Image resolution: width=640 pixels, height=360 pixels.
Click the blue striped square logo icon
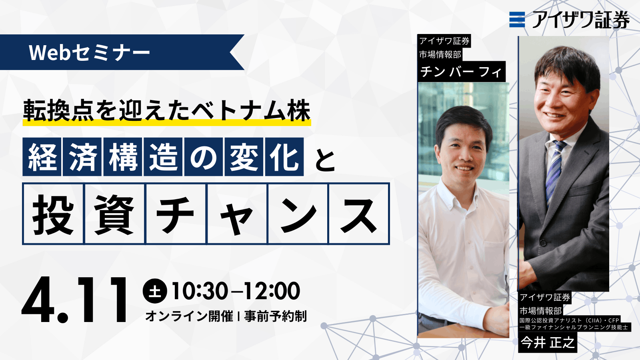(517, 20)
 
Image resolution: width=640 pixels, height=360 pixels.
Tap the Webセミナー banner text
(90, 53)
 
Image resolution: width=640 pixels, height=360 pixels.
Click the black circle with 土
(155, 291)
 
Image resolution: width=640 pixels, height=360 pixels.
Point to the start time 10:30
(200, 291)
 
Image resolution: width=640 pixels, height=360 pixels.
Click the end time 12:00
(272, 291)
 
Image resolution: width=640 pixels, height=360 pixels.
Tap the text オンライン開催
(189, 316)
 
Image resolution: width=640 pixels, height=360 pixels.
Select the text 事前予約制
(275, 316)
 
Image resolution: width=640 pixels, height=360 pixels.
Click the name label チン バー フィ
(461, 72)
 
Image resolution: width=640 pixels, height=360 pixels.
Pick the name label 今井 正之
(548, 342)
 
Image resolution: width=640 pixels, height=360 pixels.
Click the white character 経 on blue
(42, 156)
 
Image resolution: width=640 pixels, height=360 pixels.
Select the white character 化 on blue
(284, 156)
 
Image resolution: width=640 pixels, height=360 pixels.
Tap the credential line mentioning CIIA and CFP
(568, 320)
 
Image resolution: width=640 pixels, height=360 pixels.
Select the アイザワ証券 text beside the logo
(581, 20)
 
